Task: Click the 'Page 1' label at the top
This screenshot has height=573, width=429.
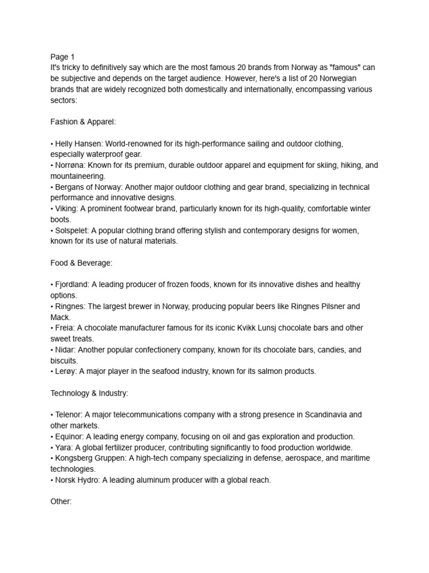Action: point(62,57)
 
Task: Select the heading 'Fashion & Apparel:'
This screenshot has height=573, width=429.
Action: point(83,121)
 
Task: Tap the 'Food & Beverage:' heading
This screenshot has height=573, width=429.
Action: point(82,262)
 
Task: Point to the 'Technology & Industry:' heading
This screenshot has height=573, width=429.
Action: point(89,393)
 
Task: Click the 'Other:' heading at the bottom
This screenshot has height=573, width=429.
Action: point(61,501)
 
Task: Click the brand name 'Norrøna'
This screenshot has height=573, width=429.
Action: point(69,165)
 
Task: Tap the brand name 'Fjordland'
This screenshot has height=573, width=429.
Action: point(71,284)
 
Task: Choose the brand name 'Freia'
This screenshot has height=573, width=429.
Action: point(64,328)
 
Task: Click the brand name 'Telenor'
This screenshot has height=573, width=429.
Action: point(68,415)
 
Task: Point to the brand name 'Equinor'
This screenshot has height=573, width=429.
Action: point(69,436)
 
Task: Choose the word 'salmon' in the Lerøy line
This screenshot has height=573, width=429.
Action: point(259,371)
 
